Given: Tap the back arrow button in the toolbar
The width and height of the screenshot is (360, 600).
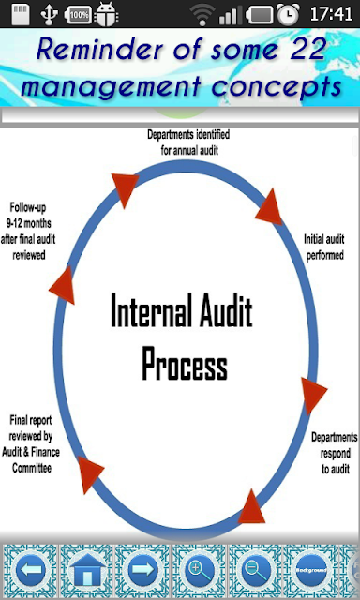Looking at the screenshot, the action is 30,570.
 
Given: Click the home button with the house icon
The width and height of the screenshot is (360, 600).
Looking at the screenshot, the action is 87,570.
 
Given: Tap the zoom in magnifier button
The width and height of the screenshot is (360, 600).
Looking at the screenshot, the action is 200,570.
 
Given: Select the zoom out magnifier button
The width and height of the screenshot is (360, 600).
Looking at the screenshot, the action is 255,570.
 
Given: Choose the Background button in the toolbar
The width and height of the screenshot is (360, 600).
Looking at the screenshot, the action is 311,570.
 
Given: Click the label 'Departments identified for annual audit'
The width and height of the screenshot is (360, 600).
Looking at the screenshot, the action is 188,142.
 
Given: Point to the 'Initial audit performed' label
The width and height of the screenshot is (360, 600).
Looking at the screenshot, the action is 324,247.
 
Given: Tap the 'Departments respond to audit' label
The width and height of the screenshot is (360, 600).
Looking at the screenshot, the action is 335,453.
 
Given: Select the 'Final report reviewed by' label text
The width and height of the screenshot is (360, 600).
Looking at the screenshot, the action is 31,428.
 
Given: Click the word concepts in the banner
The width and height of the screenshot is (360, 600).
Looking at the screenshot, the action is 277,87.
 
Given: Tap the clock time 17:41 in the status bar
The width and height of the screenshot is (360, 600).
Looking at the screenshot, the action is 331,14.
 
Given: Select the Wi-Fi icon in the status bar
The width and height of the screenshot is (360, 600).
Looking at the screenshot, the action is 202,15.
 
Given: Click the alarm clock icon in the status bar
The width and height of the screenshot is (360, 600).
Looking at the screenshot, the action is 288,14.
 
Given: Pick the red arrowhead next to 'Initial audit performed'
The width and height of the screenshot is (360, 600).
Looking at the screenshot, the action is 270,207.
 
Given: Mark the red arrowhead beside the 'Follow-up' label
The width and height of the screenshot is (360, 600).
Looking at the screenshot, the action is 63,285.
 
